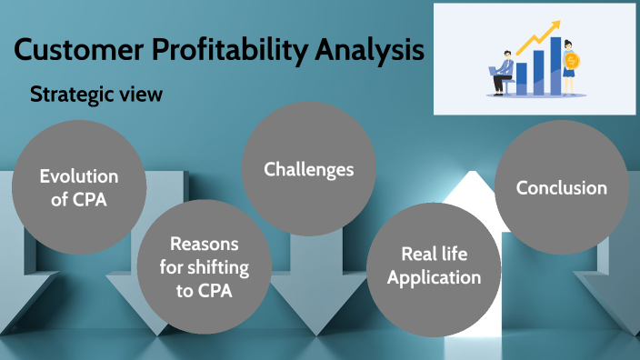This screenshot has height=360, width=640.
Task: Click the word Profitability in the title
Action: coord(226,50)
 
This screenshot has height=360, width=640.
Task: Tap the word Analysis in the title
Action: coord(370,50)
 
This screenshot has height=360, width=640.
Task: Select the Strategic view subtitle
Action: coord(96,94)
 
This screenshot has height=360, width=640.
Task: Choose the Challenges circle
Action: coord(308,169)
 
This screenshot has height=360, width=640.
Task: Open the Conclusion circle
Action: coord(561,188)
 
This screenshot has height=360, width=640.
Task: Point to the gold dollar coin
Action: coord(571,61)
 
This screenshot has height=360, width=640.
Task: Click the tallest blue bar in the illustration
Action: coord(555,65)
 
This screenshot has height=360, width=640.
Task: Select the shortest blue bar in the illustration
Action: coord(521,77)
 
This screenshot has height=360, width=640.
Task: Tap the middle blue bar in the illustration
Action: coord(537,72)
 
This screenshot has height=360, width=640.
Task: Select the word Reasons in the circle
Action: coord(204,245)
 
